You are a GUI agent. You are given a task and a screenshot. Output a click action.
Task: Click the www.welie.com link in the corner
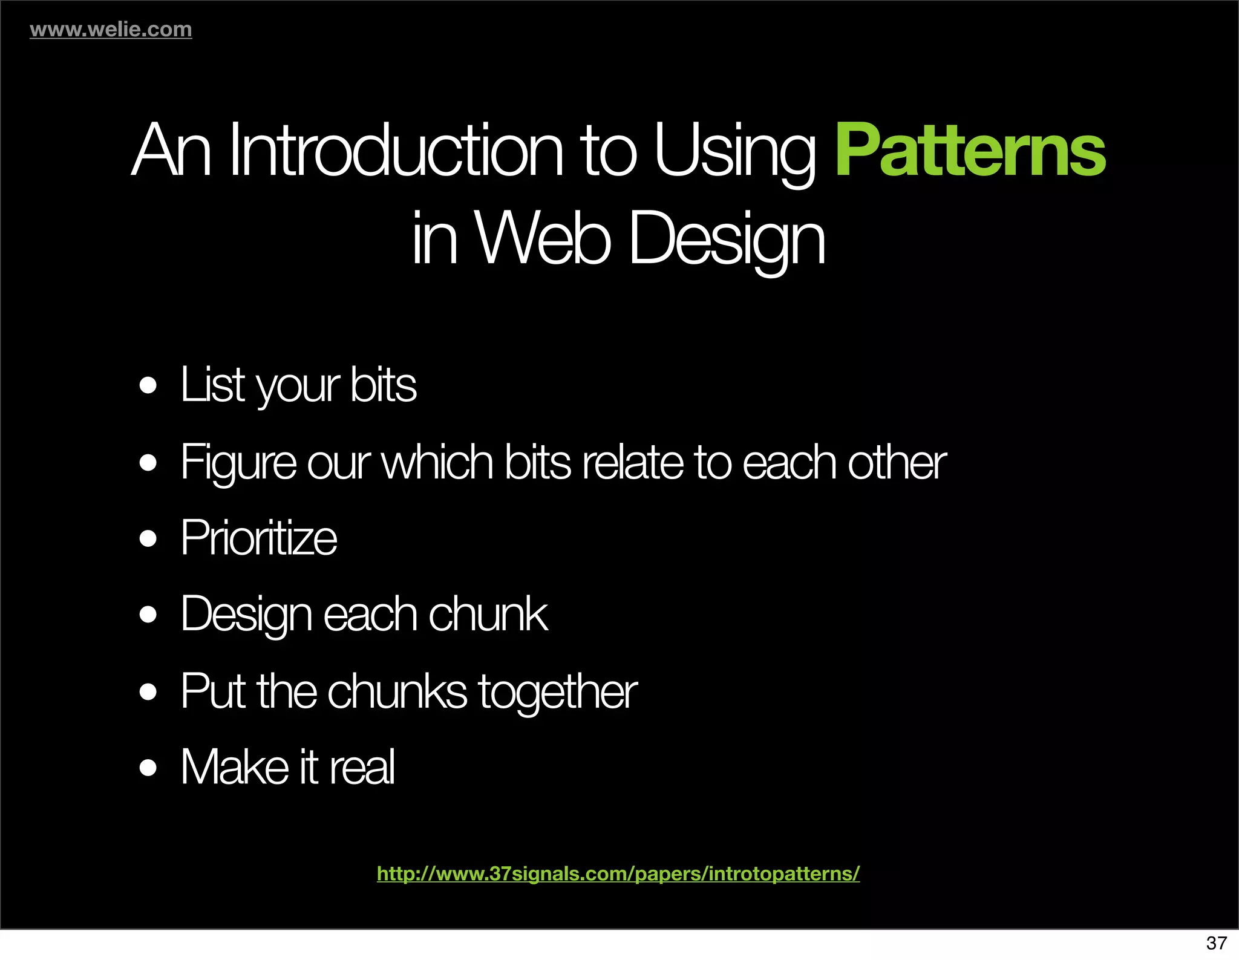(x=111, y=29)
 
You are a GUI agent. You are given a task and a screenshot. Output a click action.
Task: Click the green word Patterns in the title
(x=970, y=150)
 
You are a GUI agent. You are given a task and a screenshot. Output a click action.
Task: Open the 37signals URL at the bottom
(x=618, y=873)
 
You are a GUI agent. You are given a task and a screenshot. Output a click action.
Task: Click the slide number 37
(x=1217, y=942)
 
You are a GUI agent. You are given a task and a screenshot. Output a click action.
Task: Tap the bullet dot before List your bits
(x=148, y=385)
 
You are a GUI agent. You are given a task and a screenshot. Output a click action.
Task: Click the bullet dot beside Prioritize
(x=148, y=538)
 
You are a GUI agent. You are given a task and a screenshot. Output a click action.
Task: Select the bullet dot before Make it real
(x=148, y=768)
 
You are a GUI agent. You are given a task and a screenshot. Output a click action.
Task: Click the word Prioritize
(x=259, y=538)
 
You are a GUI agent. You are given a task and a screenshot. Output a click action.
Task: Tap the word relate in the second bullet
(x=633, y=462)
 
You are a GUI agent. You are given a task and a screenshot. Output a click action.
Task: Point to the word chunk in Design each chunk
(x=488, y=614)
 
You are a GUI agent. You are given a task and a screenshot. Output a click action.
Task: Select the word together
(x=558, y=691)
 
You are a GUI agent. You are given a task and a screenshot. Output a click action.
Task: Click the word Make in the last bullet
(x=235, y=767)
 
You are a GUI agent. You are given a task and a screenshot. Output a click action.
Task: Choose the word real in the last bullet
(x=362, y=767)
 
